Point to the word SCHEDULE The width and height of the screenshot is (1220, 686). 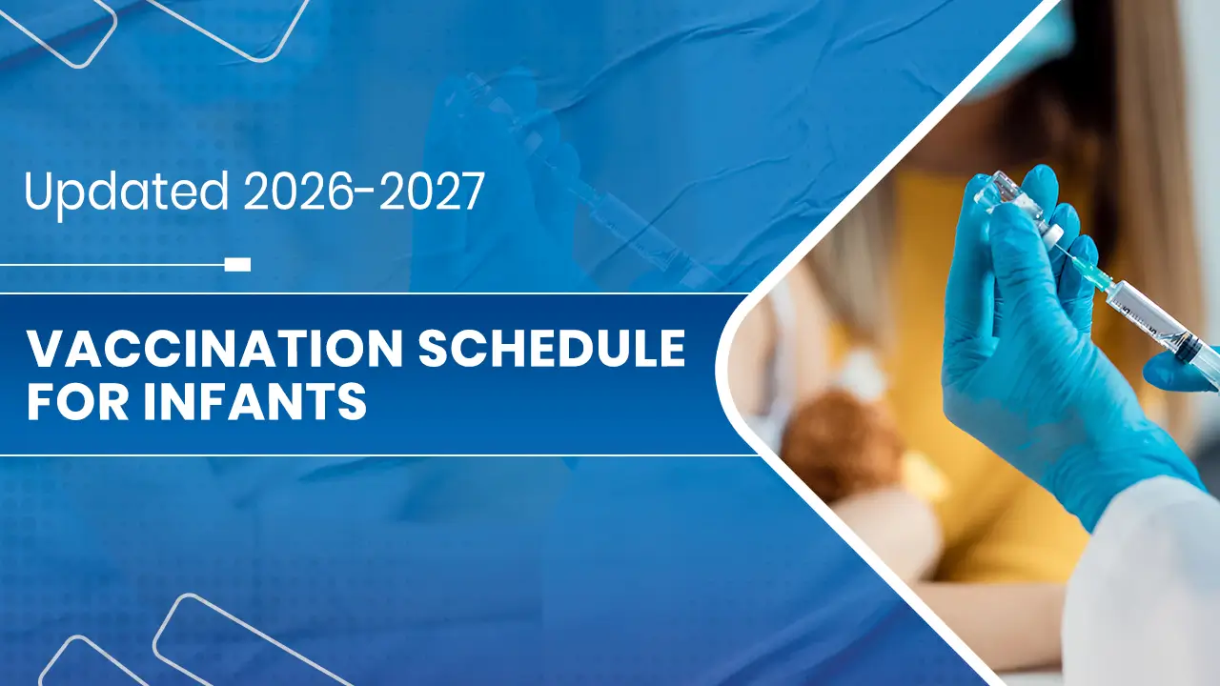[551, 349]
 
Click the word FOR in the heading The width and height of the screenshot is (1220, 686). [78, 401]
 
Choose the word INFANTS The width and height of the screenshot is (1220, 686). [254, 401]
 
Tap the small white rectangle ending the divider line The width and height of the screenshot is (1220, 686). [237, 265]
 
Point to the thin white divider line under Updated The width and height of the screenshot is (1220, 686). [112, 265]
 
